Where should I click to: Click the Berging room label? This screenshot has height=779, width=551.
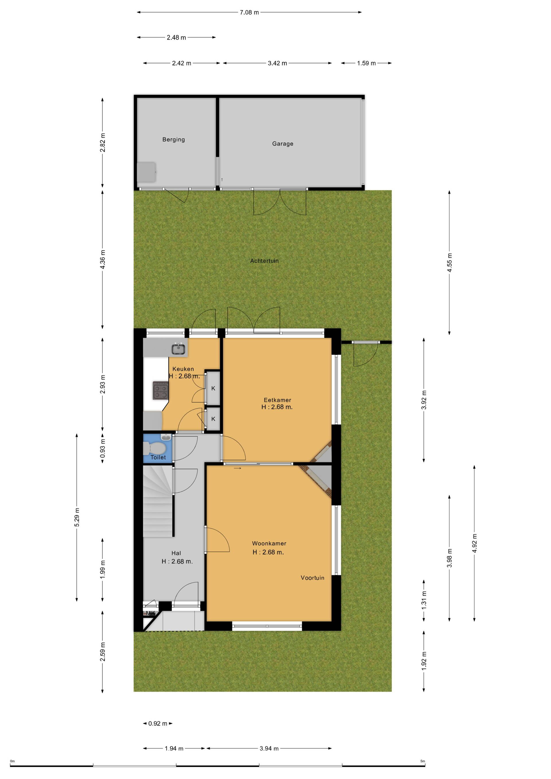(173, 139)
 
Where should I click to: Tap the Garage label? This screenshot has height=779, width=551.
(283, 143)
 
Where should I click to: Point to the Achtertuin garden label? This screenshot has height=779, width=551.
(264, 261)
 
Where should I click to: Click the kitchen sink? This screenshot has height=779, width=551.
(178, 349)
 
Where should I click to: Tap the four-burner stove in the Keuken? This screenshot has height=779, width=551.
(160, 391)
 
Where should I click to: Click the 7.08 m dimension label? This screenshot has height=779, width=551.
(249, 13)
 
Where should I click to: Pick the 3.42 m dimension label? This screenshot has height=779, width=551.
(277, 63)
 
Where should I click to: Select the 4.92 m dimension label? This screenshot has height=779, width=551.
(474, 543)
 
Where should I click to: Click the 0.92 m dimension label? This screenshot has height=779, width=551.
(158, 723)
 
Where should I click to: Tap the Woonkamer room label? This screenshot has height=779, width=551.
(269, 543)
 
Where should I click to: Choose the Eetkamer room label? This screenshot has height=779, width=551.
(277, 400)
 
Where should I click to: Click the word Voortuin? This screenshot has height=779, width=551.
(313, 578)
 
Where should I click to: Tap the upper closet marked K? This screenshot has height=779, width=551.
(213, 388)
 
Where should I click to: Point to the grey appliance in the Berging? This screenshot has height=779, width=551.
(147, 172)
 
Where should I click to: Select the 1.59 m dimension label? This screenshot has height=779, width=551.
(366, 63)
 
